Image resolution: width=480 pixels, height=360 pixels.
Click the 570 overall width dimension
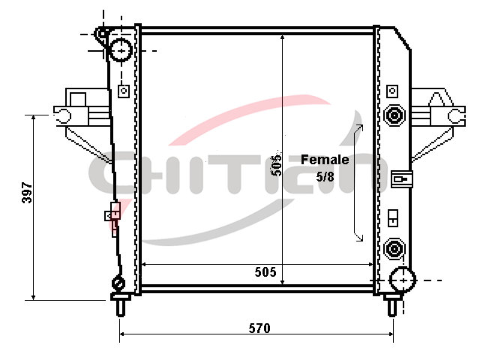[x=259, y=328]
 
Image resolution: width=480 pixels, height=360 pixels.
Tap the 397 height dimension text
[x=27, y=193]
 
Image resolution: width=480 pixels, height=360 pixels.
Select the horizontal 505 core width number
[x=265, y=271]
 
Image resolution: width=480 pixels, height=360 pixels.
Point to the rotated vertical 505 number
[x=277, y=165]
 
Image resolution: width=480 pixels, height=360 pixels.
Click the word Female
[x=325, y=160]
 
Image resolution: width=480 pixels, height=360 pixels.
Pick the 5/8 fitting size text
[x=325, y=176]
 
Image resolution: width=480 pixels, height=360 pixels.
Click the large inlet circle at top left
[x=121, y=50]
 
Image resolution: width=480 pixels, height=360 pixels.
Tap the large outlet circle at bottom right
[x=403, y=280]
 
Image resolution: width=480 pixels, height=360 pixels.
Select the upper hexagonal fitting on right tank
[x=394, y=115]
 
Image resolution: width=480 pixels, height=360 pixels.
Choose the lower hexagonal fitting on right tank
[x=394, y=248]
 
